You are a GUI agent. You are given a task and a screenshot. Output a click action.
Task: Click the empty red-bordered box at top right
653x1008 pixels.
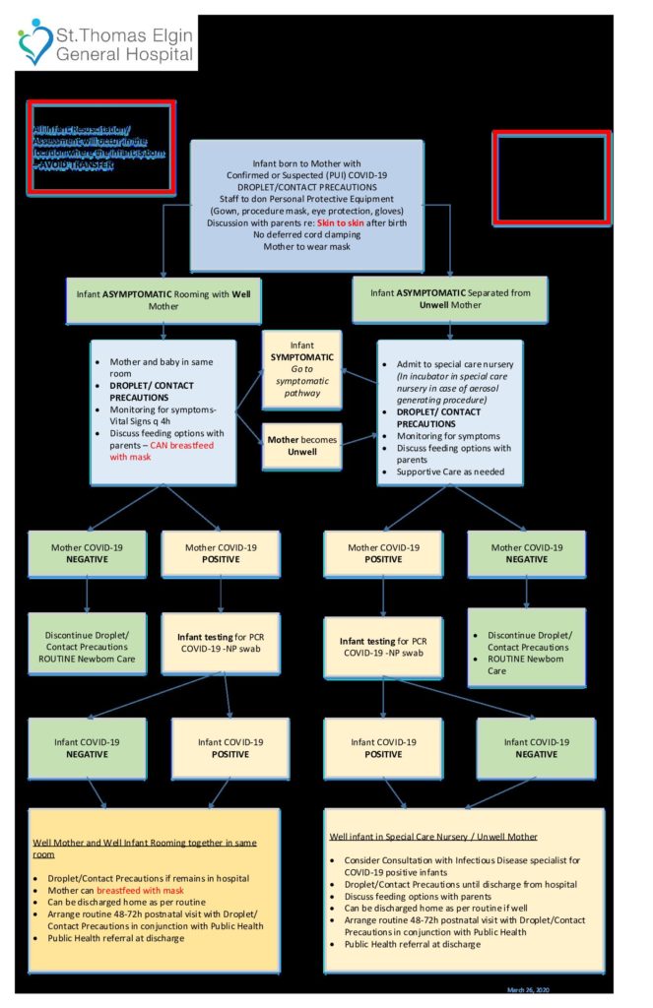pos(551,178)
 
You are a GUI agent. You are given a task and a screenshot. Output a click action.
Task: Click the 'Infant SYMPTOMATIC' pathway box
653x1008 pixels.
pos(302,369)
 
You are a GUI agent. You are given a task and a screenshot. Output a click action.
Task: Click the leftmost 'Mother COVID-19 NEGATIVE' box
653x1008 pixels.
pos(87,553)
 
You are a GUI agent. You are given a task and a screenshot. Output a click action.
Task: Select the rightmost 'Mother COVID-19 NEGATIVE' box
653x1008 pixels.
pos(526,553)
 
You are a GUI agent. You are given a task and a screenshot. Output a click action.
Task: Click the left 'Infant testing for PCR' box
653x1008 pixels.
pos(221,644)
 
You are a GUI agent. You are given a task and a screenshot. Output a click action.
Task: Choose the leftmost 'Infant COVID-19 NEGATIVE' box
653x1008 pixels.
pos(87,748)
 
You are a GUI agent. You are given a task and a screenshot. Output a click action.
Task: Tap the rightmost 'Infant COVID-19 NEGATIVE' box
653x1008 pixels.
pos(537,748)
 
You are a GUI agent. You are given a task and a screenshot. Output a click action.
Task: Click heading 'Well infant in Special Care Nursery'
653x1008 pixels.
pos(433,837)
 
